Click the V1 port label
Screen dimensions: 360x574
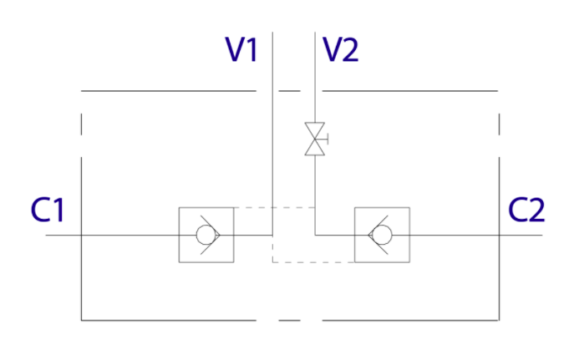pos(241,50)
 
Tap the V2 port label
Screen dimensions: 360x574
pos(341,50)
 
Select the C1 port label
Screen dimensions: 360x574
pos(48,209)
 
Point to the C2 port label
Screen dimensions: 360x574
pos(526,209)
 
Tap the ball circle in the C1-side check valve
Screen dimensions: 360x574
pos(205,235)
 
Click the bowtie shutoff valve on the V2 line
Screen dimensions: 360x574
pos(314,139)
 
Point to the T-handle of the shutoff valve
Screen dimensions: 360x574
pos(326,139)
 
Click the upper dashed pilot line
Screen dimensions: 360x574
pos(273,207)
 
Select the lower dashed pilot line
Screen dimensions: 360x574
pos(313,262)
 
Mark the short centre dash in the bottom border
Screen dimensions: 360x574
pos(289,320)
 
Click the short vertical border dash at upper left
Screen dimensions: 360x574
pos(81,124)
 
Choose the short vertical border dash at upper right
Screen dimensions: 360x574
pos(499,124)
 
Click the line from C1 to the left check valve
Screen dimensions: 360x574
pos(113,235)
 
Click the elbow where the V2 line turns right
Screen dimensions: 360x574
pos(314,235)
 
